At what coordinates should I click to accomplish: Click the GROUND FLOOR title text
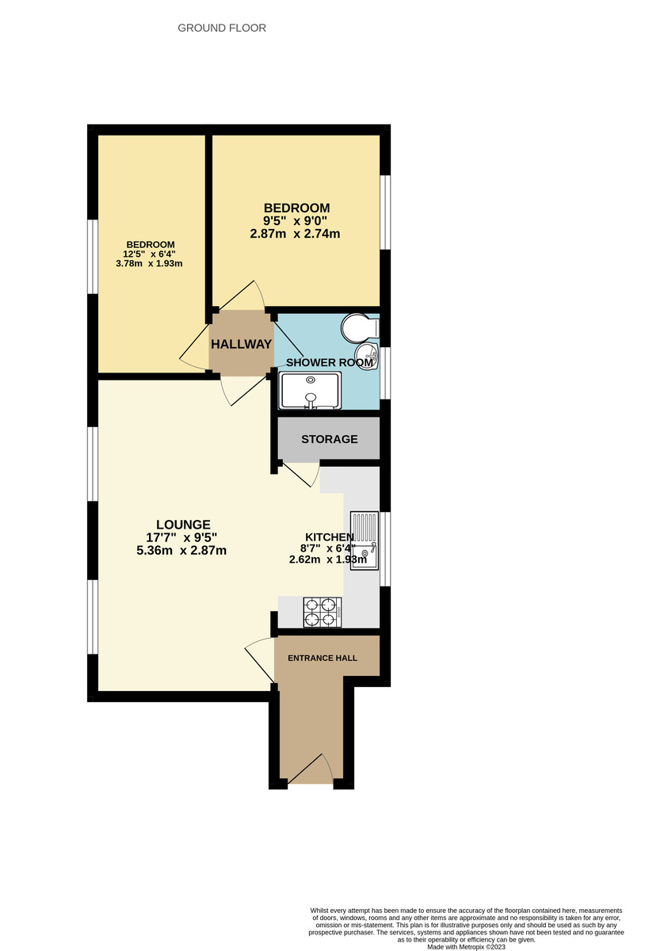[222, 28]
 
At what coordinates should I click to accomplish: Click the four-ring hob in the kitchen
[320, 611]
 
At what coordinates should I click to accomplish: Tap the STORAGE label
[329, 439]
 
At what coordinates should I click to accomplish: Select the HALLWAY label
[241, 344]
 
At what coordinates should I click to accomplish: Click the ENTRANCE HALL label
[322, 658]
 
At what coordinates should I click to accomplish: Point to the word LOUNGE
[183, 524]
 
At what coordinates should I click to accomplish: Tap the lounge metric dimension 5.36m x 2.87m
[181, 550]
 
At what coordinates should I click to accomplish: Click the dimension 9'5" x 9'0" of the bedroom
[296, 220]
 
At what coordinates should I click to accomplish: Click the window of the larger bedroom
[384, 211]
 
